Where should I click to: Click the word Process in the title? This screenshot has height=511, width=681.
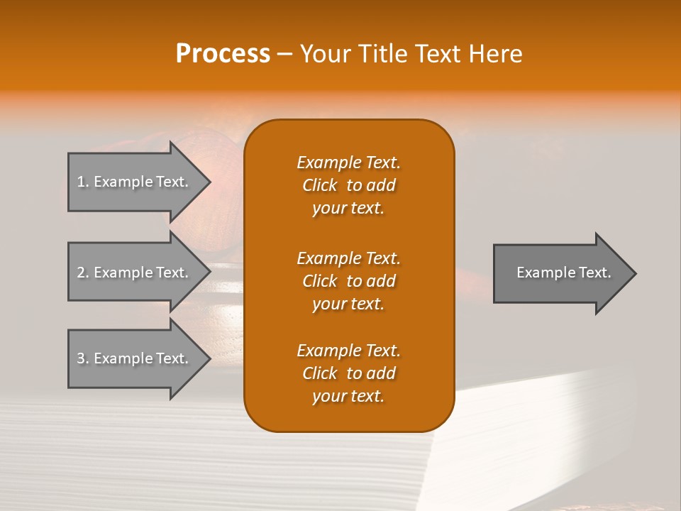click(x=223, y=54)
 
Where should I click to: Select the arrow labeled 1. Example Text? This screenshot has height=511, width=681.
click(x=135, y=182)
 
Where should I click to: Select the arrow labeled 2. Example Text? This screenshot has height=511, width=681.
click(x=135, y=273)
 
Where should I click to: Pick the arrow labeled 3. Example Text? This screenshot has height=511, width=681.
click(x=135, y=358)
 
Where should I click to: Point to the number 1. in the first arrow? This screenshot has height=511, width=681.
click(x=83, y=182)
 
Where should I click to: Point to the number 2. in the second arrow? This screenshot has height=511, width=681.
click(x=83, y=273)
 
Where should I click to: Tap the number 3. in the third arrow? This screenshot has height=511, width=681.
click(x=83, y=358)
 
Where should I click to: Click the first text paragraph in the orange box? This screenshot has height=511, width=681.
click(x=348, y=185)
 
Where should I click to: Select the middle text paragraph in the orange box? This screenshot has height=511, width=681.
click(x=348, y=281)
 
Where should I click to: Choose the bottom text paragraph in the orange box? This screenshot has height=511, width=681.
click(x=348, y=373)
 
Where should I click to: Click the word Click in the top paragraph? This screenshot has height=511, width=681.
click(x=320, y=185)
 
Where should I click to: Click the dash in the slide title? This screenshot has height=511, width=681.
click(x=284, y=54)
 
